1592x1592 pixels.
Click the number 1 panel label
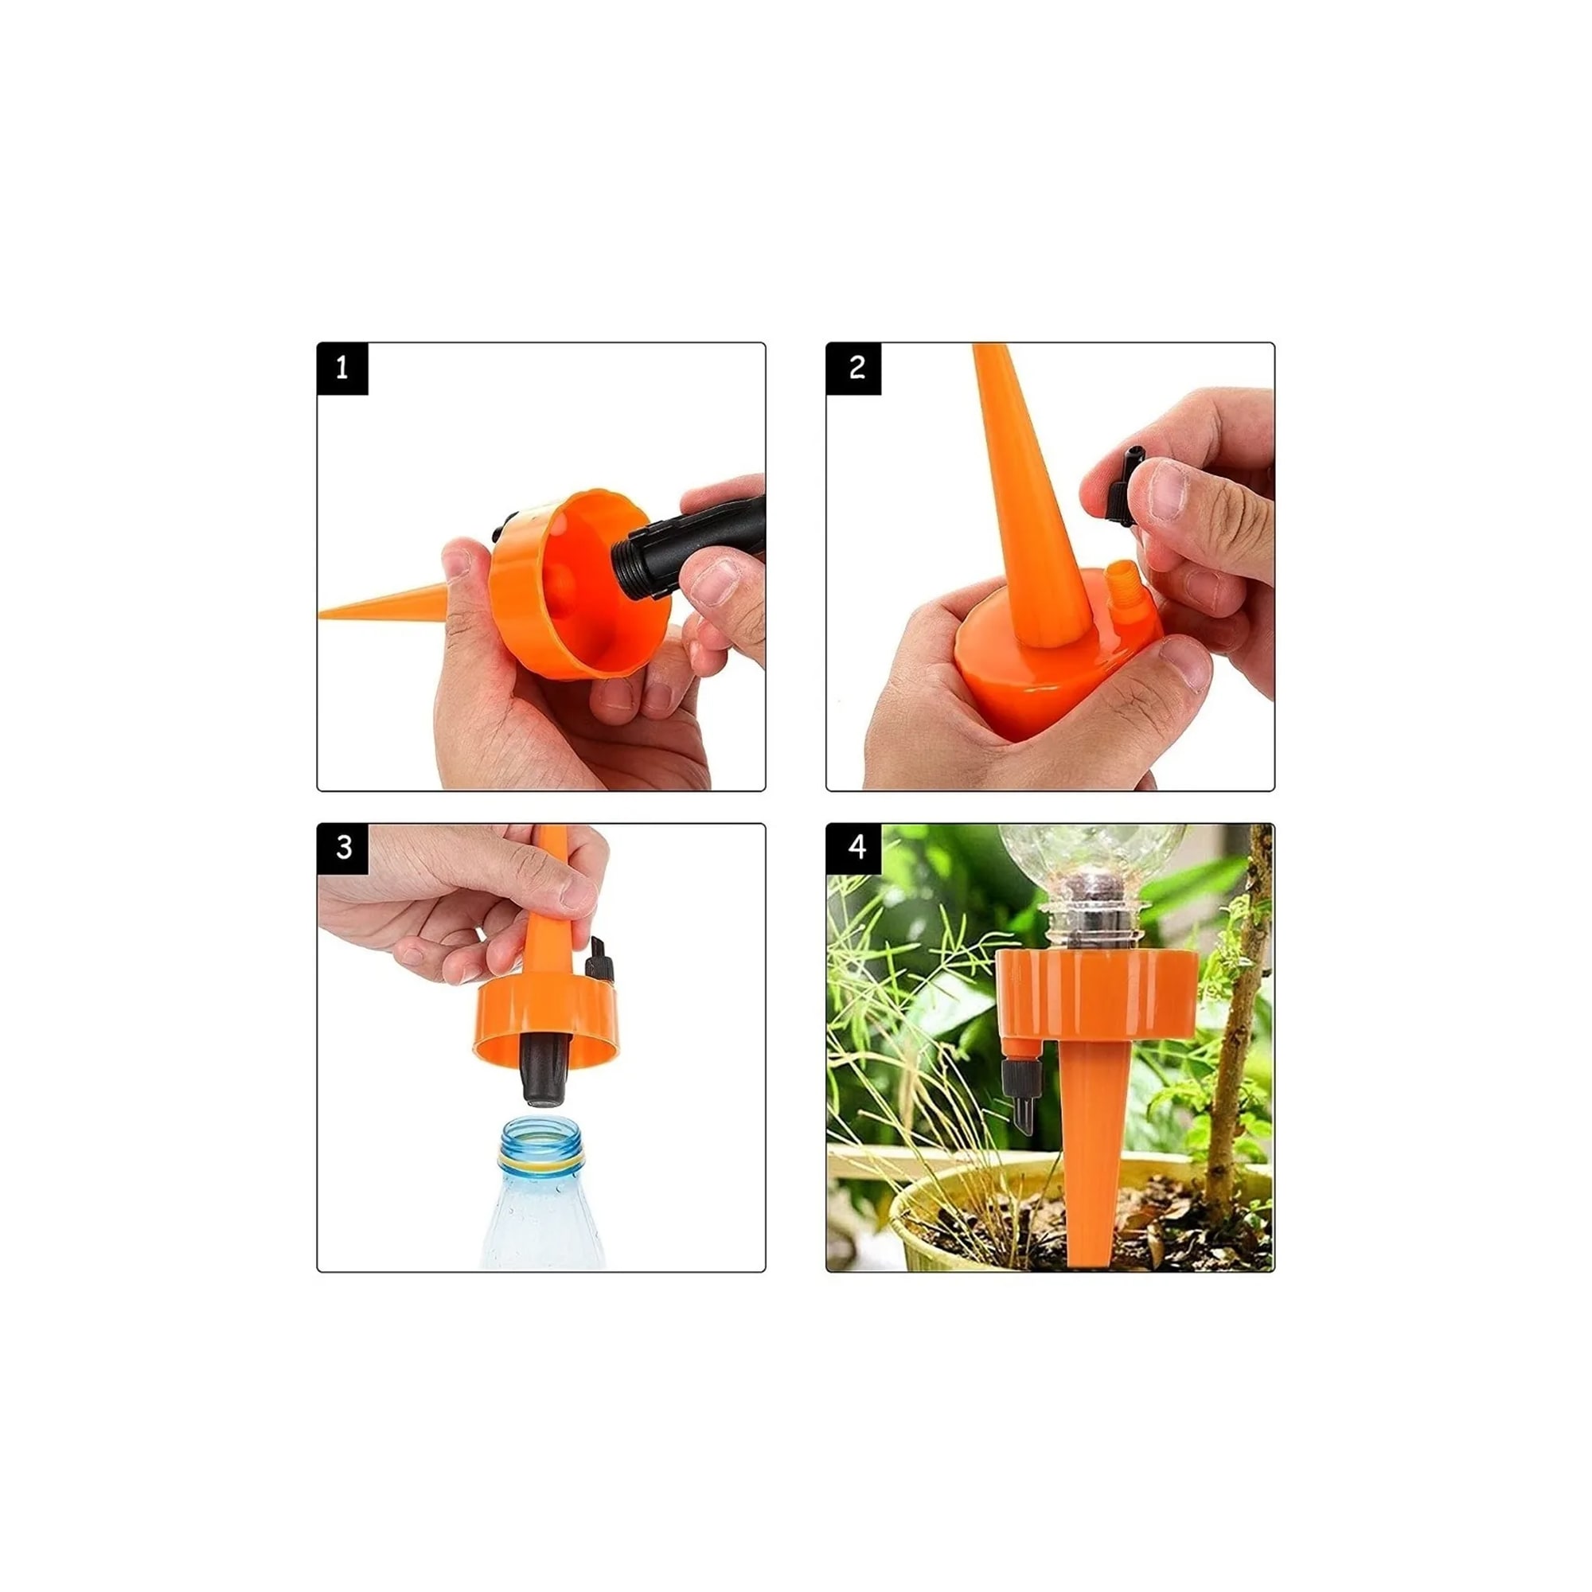pos(343,369)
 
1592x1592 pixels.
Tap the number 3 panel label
pos(343,849)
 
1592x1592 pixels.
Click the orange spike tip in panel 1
pos(321,613)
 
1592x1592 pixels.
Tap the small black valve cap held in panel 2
pos(1122,486)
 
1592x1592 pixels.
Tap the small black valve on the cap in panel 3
pos(599,960)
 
